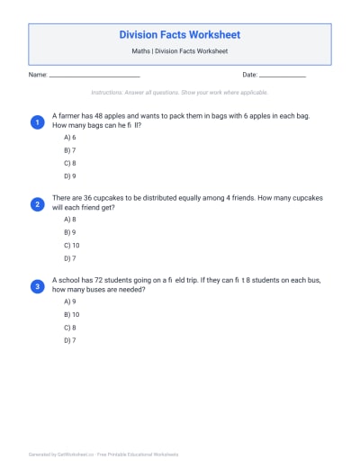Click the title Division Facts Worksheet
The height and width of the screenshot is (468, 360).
point(180,35)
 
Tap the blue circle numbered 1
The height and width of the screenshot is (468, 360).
point(37,121)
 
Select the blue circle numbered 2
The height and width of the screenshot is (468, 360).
point(37,204)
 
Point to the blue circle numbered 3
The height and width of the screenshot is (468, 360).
point(37,286)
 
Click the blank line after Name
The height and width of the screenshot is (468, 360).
point(94,76)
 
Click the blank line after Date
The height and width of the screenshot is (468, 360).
point(283,76)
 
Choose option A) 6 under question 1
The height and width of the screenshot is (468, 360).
point(69,138)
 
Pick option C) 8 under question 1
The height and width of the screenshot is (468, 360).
point(69,164)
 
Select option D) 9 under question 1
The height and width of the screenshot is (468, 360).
point(69,177)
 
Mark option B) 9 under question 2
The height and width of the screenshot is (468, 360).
point(69,232)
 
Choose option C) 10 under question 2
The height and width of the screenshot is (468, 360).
point(71,246)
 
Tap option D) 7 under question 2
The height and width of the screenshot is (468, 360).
point(69,259)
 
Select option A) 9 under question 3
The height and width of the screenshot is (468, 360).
point(69,301)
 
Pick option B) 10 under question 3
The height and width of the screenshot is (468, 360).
point(71,315)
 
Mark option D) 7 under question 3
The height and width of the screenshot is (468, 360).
point(69,341)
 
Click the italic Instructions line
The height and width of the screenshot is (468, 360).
point(180,93)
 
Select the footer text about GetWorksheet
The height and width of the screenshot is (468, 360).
point(103,454)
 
